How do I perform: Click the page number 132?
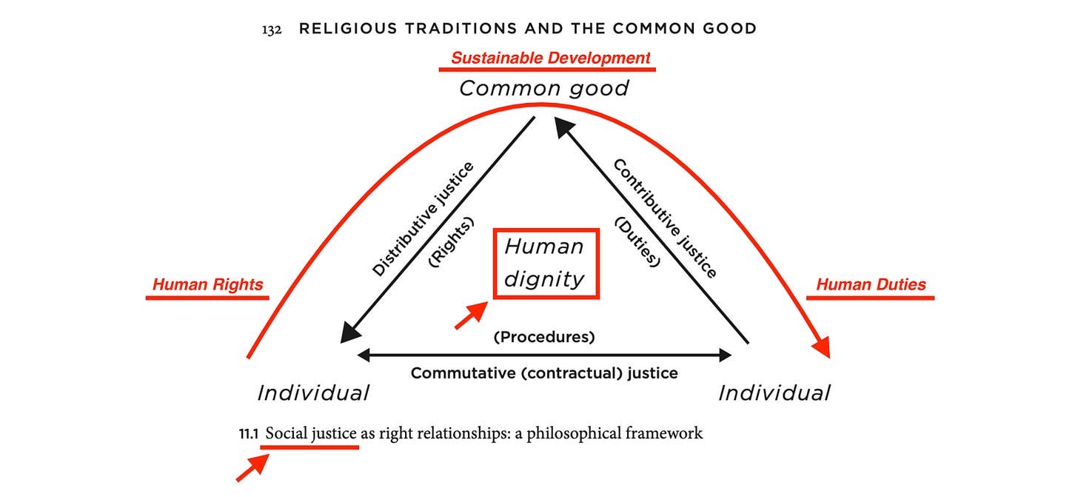[272, 30]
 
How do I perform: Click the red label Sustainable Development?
[551, 58]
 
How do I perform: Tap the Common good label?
[544, 88]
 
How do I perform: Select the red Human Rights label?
[207, 284]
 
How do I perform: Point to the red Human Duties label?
[871, 284]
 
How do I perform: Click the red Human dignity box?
[546, 263]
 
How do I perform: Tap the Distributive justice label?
[423, 219]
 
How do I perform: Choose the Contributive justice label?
[665, 219]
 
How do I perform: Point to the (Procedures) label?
[544, 337]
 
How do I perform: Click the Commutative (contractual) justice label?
[544, 373]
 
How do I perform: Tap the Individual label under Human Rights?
[313, 393]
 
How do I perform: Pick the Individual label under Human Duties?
[774, 393]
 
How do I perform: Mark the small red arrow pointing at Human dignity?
[470, 316]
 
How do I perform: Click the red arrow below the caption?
[252, 468]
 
